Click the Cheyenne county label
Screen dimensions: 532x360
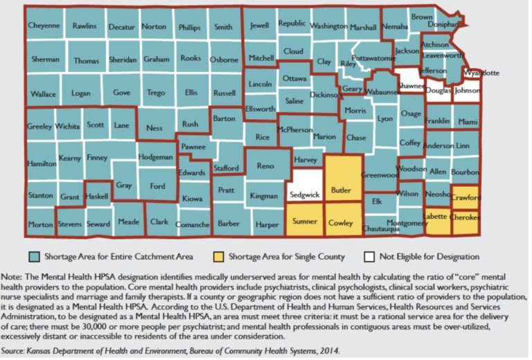pos(44,26)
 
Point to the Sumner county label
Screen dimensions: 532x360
pos(304,222)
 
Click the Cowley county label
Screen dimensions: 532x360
pos(342,223)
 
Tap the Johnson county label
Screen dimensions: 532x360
pos(468,90)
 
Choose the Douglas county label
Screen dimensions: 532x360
pos(438,90)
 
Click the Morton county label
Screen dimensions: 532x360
pos(40,225)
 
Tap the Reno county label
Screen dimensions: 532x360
pos(265,166)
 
